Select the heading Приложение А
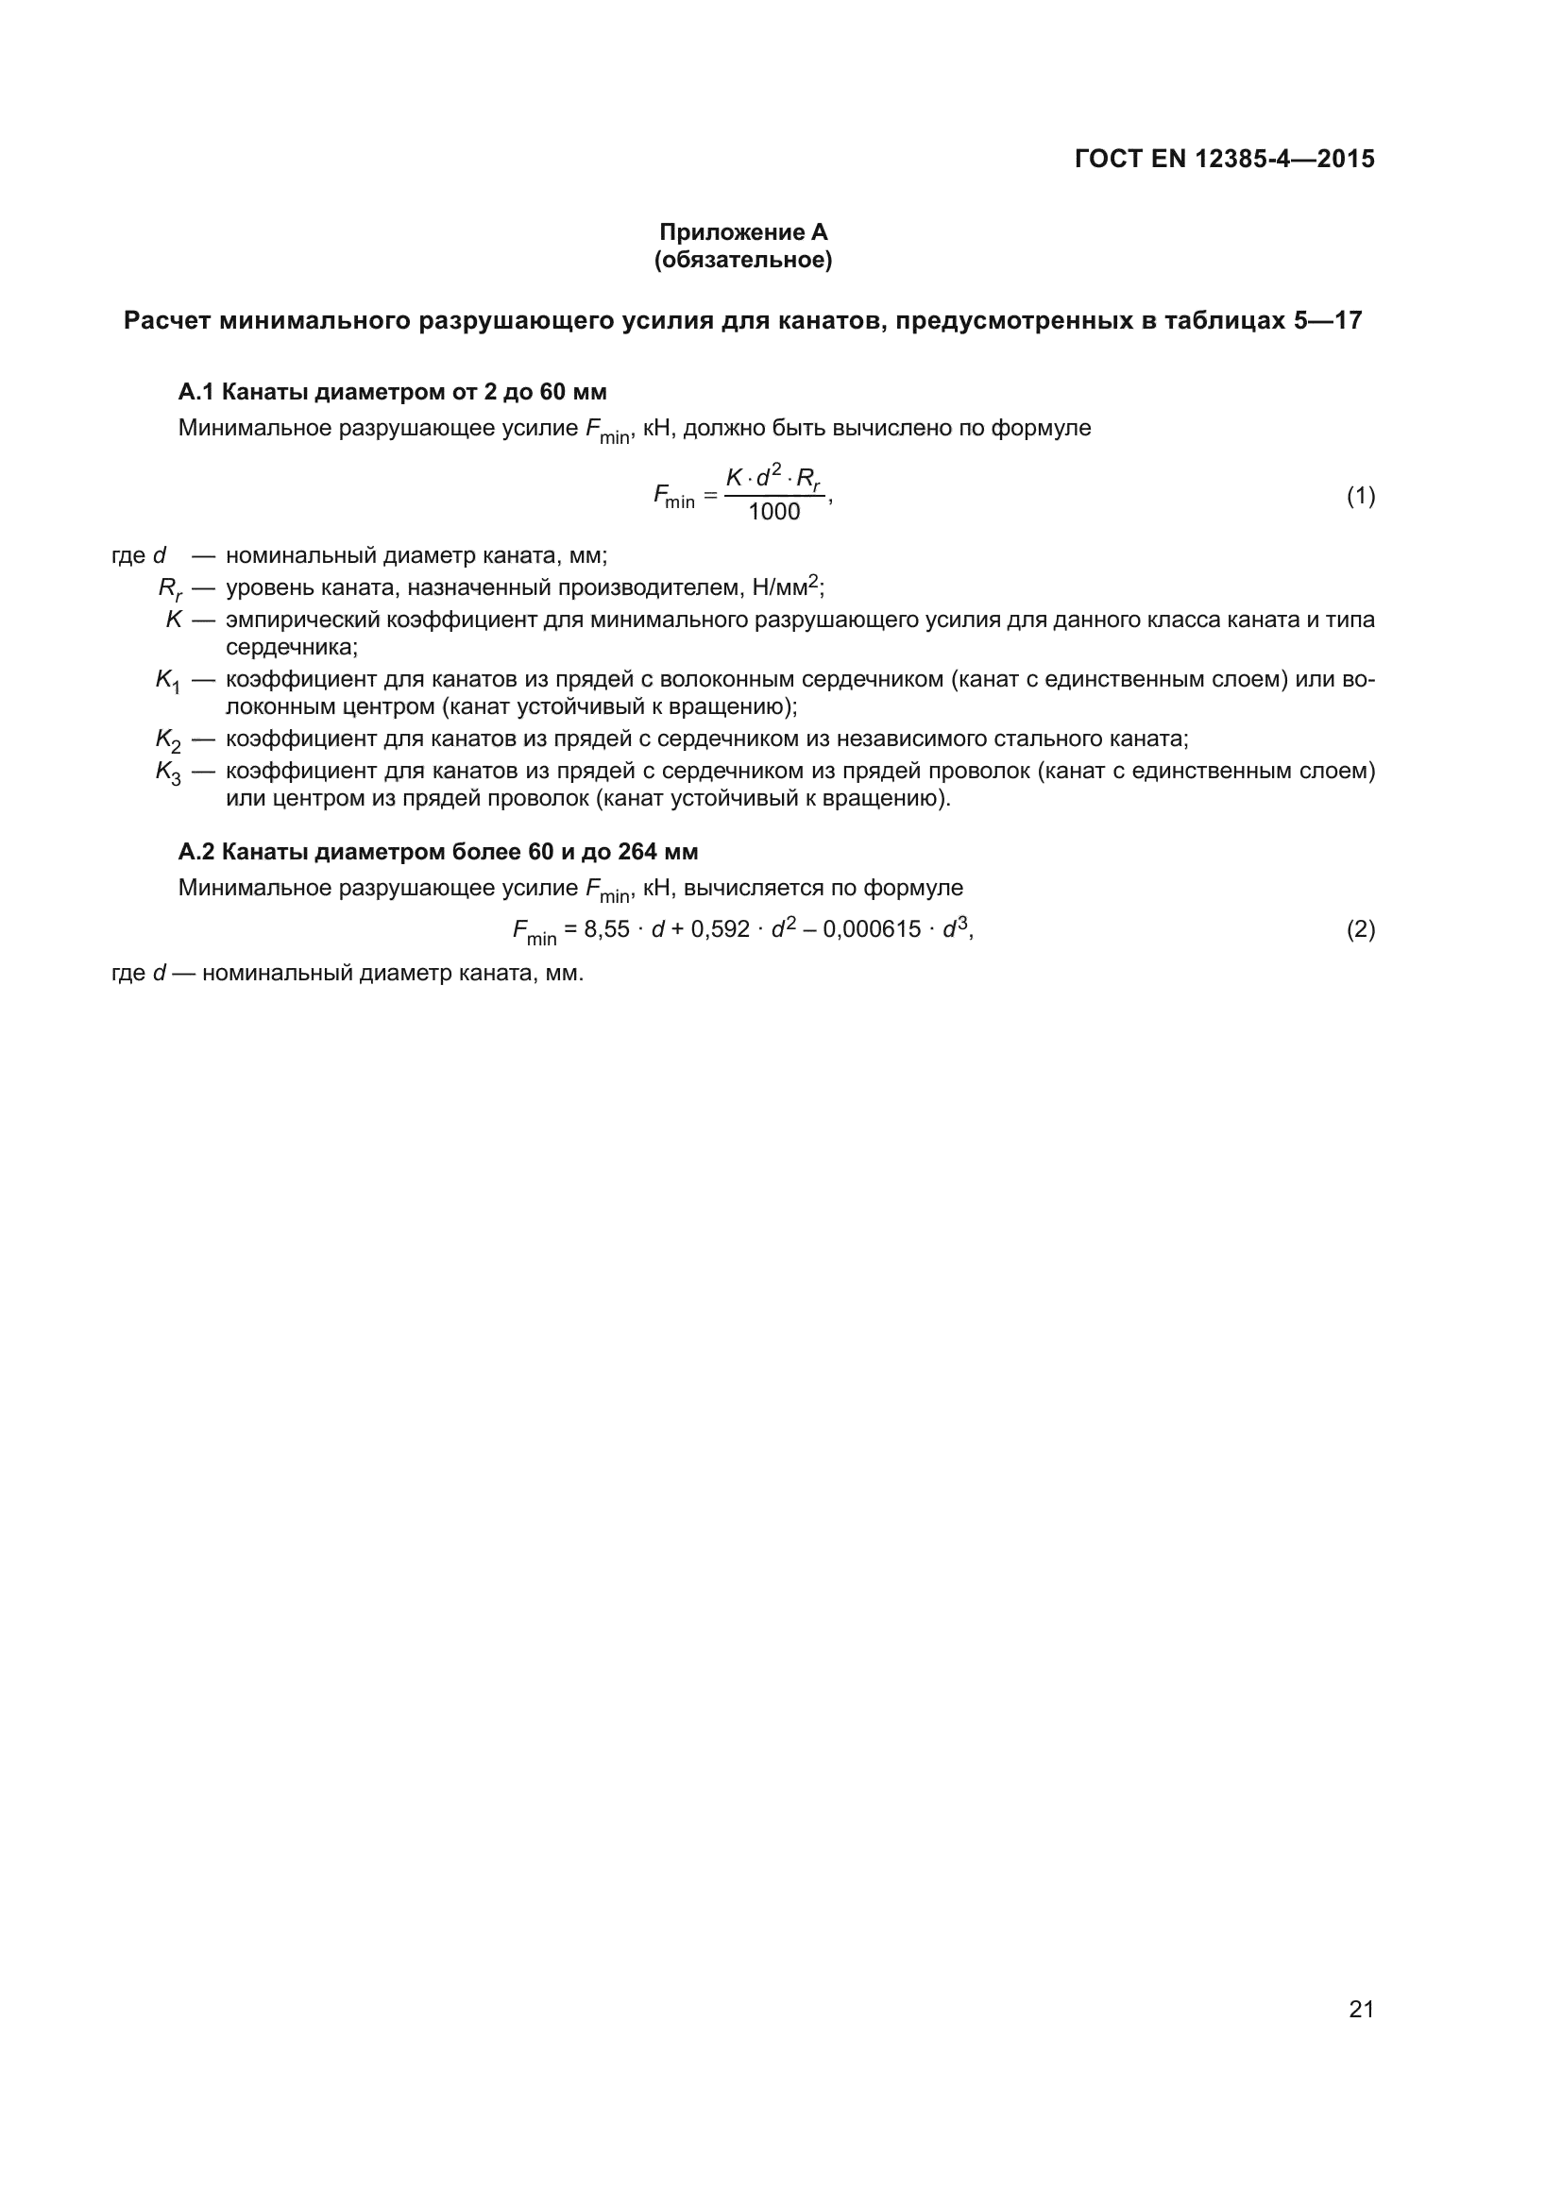tap(742, 232)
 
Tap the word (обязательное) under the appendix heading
tap(742, 260)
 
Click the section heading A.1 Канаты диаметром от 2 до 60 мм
tap(393, 392)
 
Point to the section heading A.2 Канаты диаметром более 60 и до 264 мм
tap(437, 852)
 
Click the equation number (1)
tap(1360, 497)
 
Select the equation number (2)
tap(1360, 929)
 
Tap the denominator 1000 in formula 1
tap(773, 512)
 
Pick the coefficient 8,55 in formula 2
tap(606, 929)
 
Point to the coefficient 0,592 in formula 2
tap(720, 929)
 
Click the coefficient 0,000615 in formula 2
tap(872, 929)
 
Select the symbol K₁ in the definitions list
tap(167, 681)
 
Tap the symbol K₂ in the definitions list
tap(167, 740)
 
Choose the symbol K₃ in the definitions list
tap(167, 773)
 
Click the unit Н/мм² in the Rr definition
tap(786, 586)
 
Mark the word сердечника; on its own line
tap(292, 648)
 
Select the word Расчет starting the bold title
tap(167, 320)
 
